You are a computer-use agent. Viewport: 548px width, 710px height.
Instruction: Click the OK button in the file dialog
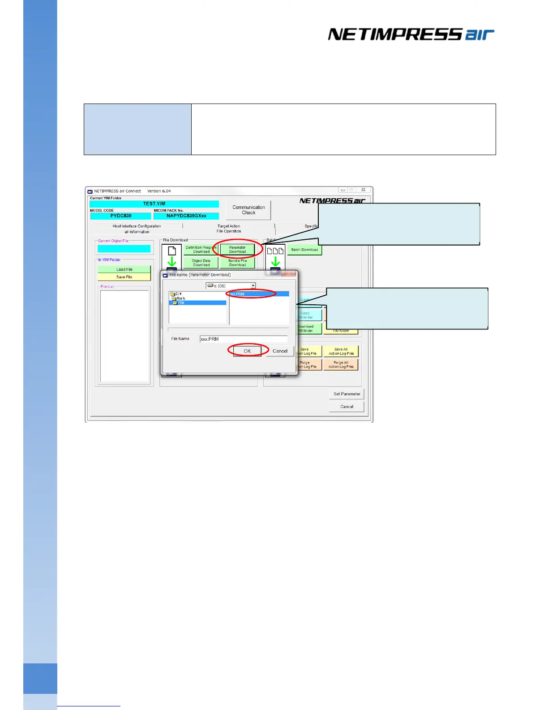[x=247, y=351]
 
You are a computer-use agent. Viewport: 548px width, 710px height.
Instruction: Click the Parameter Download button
[x=237, y=250]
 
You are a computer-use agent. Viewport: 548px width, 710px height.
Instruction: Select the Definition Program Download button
[x=201, y=250]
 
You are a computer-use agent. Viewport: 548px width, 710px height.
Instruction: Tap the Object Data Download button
[x=201, y=263]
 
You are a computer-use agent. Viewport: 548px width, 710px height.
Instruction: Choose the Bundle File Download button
[x=237, y=263]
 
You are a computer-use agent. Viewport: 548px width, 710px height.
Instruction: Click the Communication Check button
[x=248, y=210]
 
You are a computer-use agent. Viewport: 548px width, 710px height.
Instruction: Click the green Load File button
[x=124, y=269]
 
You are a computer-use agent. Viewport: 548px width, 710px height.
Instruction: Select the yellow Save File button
[x=124, y=277]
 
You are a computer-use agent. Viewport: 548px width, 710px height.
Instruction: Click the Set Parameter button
[x=347, y=394]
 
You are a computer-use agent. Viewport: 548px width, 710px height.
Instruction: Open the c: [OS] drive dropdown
[x=231, y=286]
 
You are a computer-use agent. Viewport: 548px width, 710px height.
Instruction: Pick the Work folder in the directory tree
[x=180, y=299]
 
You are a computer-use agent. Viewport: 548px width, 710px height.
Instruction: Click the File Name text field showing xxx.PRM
[x=243, y=339]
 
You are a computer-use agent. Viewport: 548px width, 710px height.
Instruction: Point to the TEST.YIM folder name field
[x=154, y=204]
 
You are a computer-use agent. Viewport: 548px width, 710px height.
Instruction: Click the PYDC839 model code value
[x=121, y=216]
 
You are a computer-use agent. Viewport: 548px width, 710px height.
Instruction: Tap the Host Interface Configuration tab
[x=137, y=226]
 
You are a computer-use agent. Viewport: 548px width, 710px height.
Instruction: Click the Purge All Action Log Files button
[x=341, y=364]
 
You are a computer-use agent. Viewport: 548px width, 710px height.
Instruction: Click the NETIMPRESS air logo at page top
[x=411, y=35]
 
